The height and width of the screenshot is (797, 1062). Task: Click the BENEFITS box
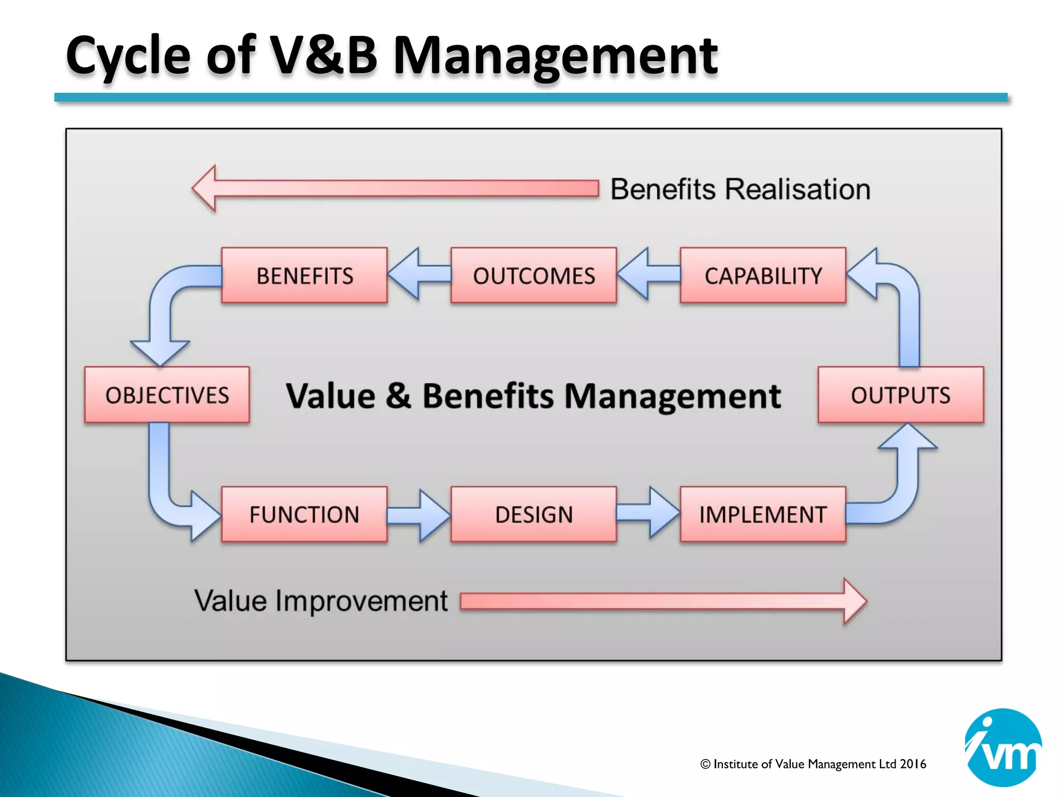tap(304, 276)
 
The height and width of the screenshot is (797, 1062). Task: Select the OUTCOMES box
tap(534, 276)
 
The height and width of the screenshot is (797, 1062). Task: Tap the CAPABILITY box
tap(763, 276)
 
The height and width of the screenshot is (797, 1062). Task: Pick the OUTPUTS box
tap(901, 395)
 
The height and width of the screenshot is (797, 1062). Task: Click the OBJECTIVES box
tap(167, 395)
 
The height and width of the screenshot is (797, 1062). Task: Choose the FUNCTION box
tap(304, 514)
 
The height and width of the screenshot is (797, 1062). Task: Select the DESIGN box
tap(534, 514)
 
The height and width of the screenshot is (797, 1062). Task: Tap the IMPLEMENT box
tap(763, 514)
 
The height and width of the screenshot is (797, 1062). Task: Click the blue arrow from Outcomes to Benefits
tap(418, 274)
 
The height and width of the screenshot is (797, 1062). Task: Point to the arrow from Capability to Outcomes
tap(647, 274)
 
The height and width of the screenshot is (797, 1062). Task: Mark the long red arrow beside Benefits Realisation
tap(394, 188)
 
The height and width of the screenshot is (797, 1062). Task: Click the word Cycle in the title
tap(128, 56)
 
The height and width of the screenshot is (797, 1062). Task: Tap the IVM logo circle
tap(1003, 747)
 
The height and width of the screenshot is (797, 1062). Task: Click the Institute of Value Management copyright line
tap(813, 764)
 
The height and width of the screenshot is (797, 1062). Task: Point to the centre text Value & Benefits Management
tap(533, 396)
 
